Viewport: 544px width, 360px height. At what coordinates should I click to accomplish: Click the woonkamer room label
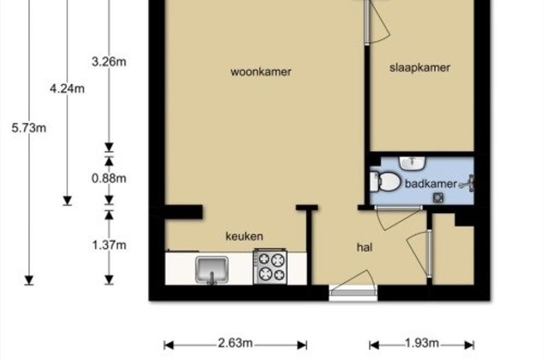(261, 72)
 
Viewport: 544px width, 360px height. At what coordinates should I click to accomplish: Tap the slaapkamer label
(420, 67)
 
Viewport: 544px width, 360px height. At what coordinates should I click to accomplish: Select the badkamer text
(431, 184)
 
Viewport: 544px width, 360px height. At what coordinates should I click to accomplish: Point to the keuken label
(244, 236)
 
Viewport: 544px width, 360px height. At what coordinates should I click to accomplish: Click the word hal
(364, 247)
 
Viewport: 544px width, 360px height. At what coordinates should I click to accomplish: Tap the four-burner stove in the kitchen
(270, 266)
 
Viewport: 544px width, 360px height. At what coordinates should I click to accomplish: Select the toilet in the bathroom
(385, 181)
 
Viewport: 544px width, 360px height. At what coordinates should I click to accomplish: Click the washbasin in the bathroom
(412, 163)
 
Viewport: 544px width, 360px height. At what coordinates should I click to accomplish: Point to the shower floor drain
(438, 198)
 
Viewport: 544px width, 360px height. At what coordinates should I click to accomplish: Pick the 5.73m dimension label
(29, 128)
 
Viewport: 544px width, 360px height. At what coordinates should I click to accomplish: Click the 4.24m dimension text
(67, 89)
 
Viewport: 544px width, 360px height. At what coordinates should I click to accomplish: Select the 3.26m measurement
(109, 62)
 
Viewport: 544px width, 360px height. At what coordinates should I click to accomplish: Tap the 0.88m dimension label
(109, 179)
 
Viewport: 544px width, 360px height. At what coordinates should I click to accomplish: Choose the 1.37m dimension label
(109, 245)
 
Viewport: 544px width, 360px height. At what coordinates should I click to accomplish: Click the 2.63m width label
(235, 343)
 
